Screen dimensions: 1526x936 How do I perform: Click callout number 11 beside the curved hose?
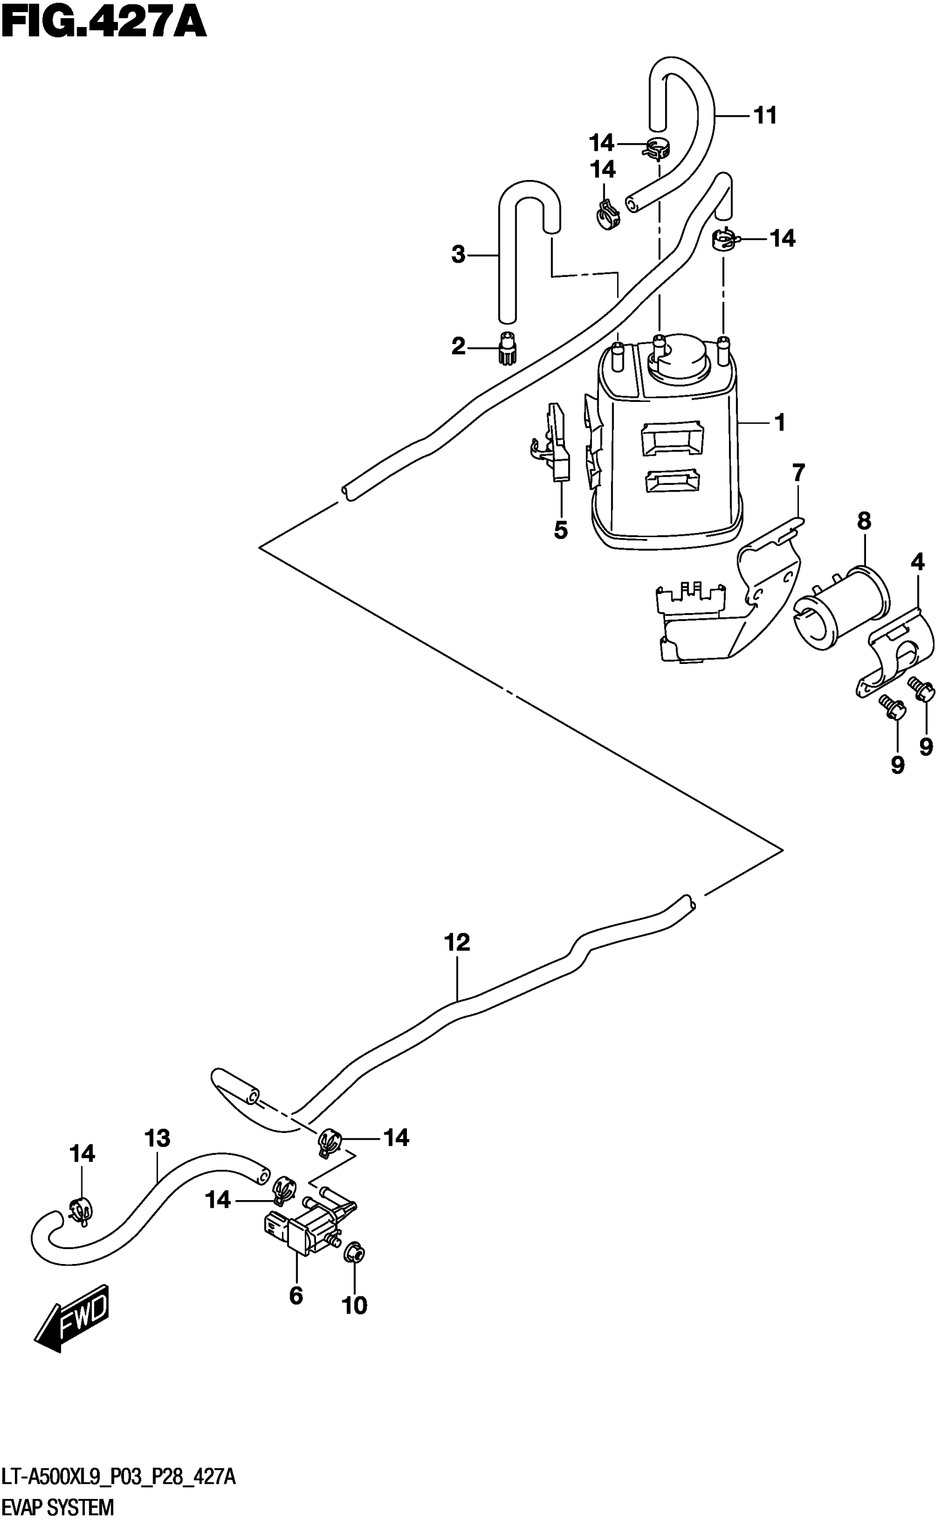coord(765,115)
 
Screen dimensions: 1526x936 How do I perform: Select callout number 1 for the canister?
coord(780,423)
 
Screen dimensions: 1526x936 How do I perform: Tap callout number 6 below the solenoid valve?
coord(296,1295)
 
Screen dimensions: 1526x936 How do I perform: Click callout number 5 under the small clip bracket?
coord(560,530)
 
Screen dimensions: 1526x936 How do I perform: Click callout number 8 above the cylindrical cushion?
coord(864,521)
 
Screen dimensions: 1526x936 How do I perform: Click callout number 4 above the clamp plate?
coord(917,563)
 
